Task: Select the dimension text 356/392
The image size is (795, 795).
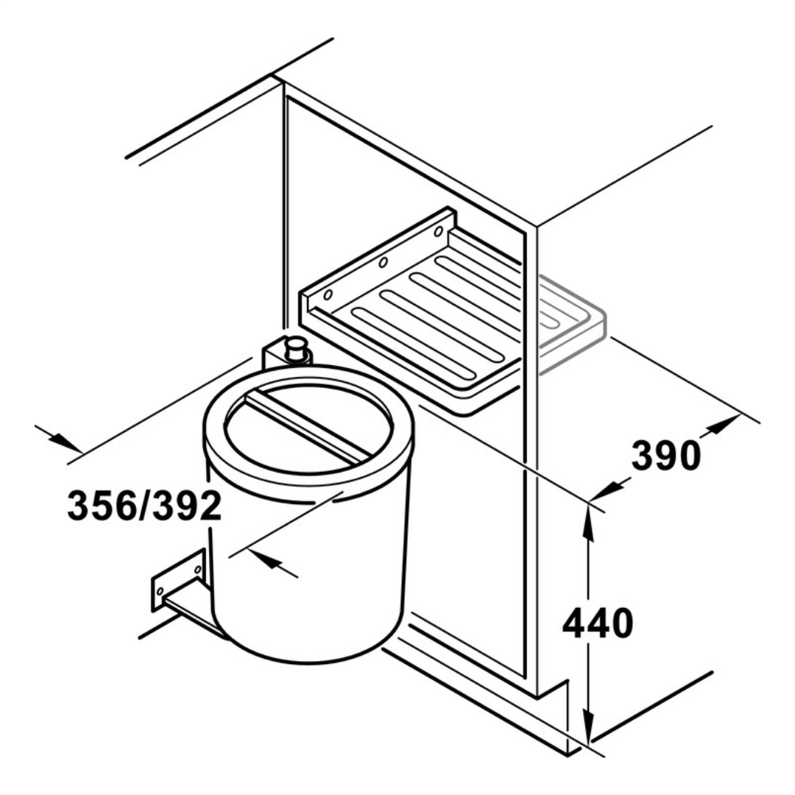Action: (144, 506)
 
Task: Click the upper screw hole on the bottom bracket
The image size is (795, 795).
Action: (197, 568)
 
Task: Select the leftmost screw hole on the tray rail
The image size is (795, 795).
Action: (328, 295)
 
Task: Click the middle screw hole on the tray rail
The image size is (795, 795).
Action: (382, 263)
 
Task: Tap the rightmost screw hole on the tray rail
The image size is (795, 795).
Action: (437, 231)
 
